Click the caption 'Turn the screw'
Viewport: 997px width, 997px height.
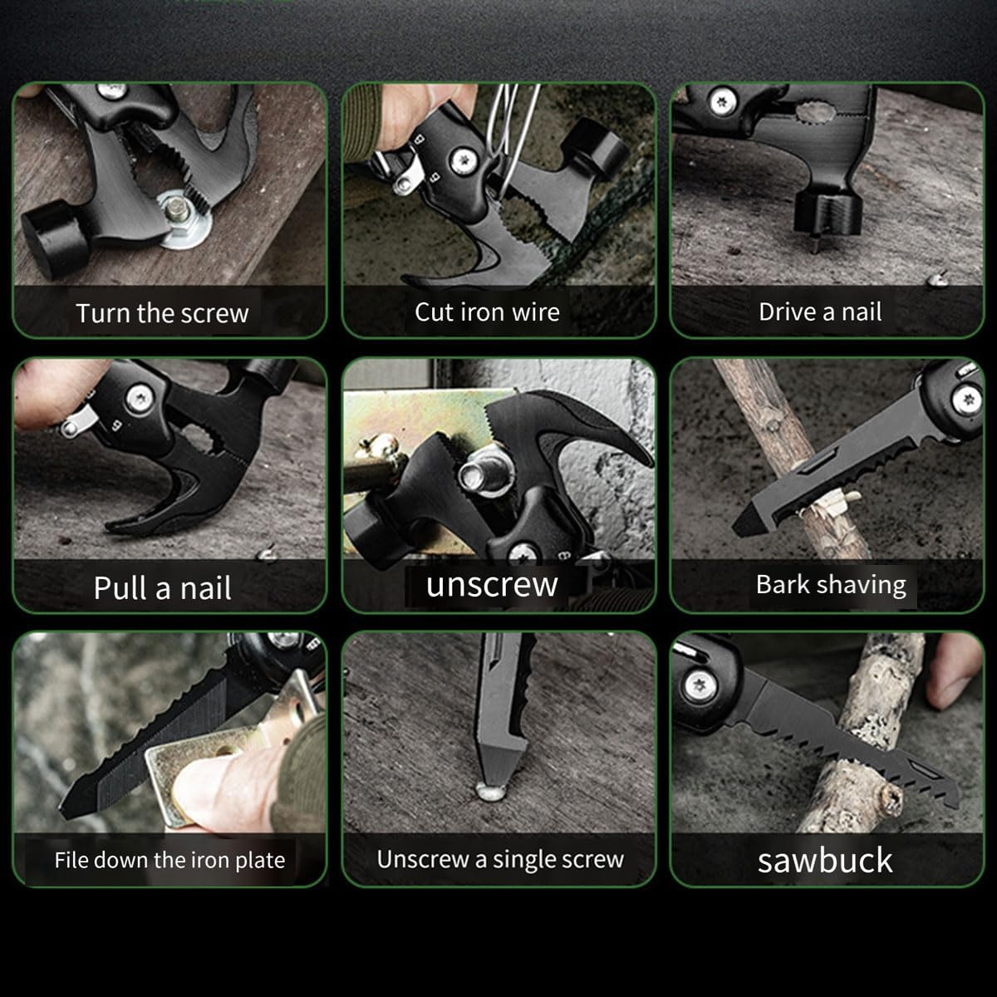[162, 313]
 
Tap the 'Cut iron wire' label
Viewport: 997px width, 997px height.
[487, 312]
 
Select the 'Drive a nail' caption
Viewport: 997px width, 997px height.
[820, 312]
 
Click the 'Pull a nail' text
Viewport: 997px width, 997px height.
[163, 588]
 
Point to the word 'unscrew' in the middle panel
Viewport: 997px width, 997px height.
[492, 584]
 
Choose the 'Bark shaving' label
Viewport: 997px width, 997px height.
[831, 585]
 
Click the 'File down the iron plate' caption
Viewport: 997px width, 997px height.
[169, 860]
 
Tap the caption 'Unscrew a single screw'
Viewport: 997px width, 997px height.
[500, 860]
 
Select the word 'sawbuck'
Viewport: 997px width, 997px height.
[825, 860]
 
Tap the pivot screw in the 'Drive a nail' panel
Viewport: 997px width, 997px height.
[720, 102]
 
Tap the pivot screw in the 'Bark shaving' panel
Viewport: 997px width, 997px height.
[966, 398]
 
